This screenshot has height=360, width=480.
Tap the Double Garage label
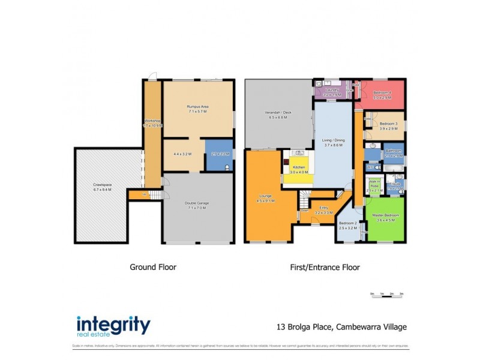click(x=197, y=203)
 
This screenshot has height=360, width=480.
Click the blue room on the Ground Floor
click(x=218, y=154)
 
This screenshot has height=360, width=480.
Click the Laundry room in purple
click(x=332, y=92)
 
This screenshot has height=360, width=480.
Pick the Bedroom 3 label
click(x=389, y=124)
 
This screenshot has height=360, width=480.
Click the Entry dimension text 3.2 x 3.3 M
click(x=323, y=212)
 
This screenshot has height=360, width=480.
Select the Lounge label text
click(x=266, y=196)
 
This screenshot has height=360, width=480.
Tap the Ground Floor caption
click(x=153, y=267)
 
